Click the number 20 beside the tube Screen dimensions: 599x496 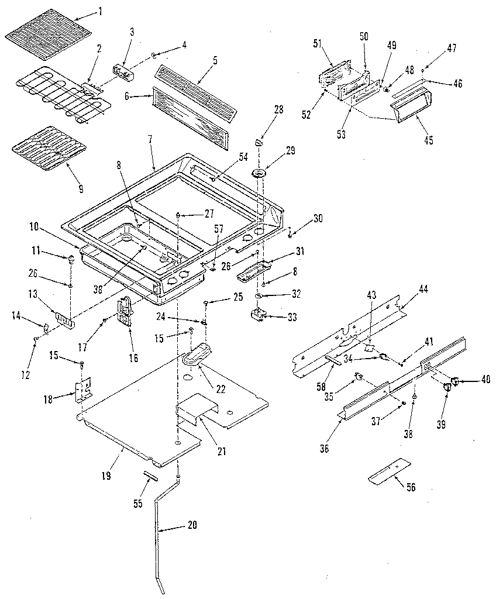192,525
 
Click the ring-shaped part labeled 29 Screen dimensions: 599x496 260,173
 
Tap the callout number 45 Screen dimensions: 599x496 429,140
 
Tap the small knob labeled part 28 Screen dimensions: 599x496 260,142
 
